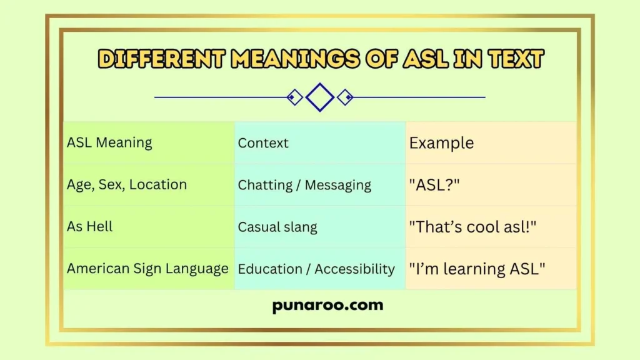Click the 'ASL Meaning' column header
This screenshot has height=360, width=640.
click(109, 142)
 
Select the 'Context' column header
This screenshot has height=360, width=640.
click(263, 142)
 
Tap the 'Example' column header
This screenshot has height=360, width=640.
click(441, 142)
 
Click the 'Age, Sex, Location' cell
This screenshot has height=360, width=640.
click(127, 184)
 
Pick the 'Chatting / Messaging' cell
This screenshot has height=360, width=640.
click(304, 185)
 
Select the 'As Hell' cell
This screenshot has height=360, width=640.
click(90, 226)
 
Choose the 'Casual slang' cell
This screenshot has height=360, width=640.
click(277, 227)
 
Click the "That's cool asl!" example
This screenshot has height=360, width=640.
click(473, 227)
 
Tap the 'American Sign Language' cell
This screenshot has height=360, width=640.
click(147, 269)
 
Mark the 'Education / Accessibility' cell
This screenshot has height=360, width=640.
click(316, 269)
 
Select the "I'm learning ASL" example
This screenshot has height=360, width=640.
click(477, 269)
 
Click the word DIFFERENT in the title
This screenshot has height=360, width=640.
click(161, 59)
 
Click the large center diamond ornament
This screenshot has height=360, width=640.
click(320, 97)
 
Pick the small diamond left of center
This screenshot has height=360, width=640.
click(294, 97)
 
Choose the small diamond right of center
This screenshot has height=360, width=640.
click(345, 97)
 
